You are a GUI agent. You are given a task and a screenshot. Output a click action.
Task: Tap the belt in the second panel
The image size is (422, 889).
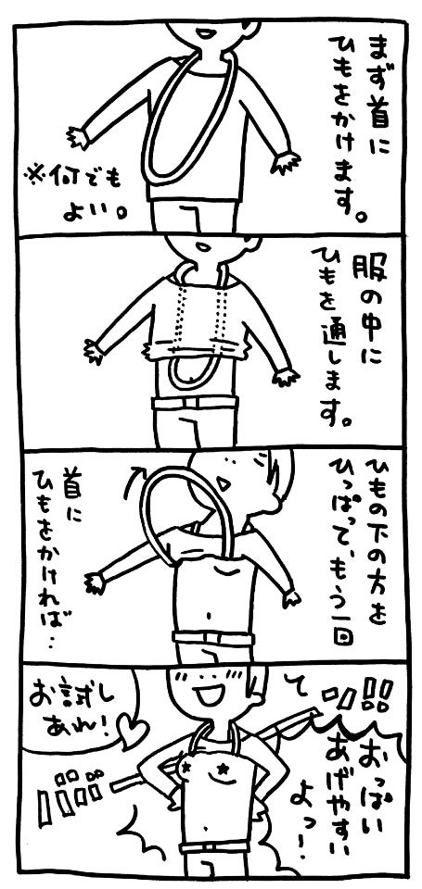[194, 403]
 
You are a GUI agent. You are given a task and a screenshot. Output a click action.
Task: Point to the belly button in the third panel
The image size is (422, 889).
[207, 613]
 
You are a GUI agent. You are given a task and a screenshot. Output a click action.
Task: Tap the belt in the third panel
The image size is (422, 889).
[213, 637]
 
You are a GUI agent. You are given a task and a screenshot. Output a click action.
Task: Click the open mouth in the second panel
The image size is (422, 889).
[203, 245]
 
